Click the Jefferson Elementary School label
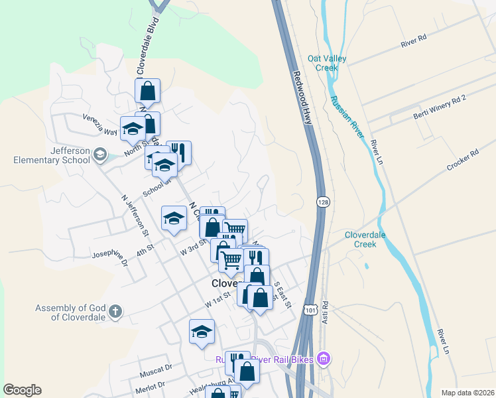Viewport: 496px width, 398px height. (x=52, y=155)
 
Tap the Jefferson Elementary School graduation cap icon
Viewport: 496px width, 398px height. (x=99, y=155)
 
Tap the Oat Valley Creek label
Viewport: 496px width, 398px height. (x=327, y=63)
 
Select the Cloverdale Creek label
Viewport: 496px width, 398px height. (x=370, y=239)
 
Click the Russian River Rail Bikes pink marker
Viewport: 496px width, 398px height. (x=324, y=360)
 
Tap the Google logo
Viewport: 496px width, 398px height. (x=22, y=390)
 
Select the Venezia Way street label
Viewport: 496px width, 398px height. (x=100, y=124)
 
